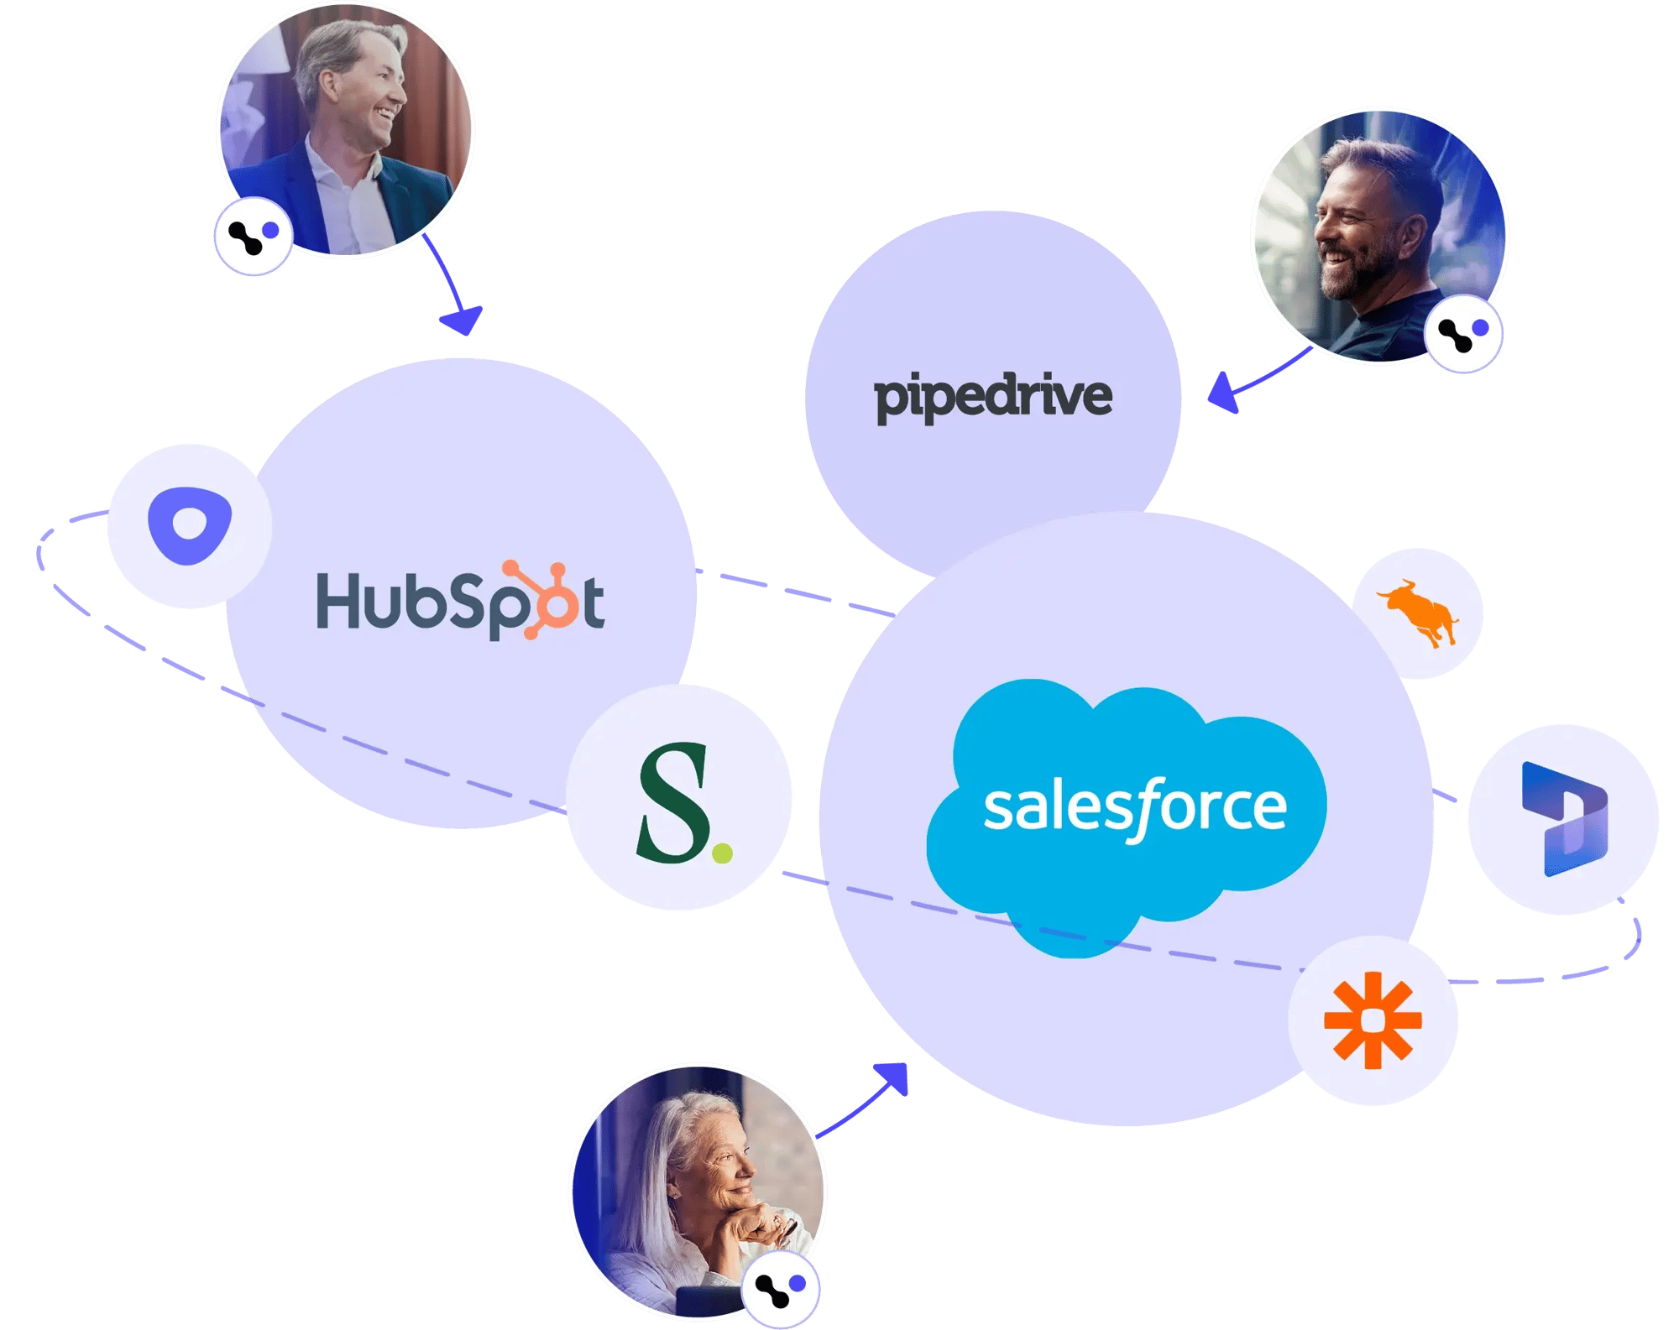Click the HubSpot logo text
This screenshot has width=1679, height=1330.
[x=459, y=601]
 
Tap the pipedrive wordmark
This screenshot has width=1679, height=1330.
[x=993, y=397]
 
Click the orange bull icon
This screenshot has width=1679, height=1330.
[x=1417, y=615]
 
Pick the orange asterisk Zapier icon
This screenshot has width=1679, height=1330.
[x=1373, y=1020]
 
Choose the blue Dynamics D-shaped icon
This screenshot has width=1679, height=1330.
[x=1564, y=819]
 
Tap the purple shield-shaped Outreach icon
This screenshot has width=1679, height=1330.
[x=190, y=525]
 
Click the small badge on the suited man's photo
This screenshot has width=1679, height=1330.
[x=253, y=237]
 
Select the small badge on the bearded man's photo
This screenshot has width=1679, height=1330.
[x=1463, y=334]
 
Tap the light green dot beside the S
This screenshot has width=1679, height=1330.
[x=722, y=854]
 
